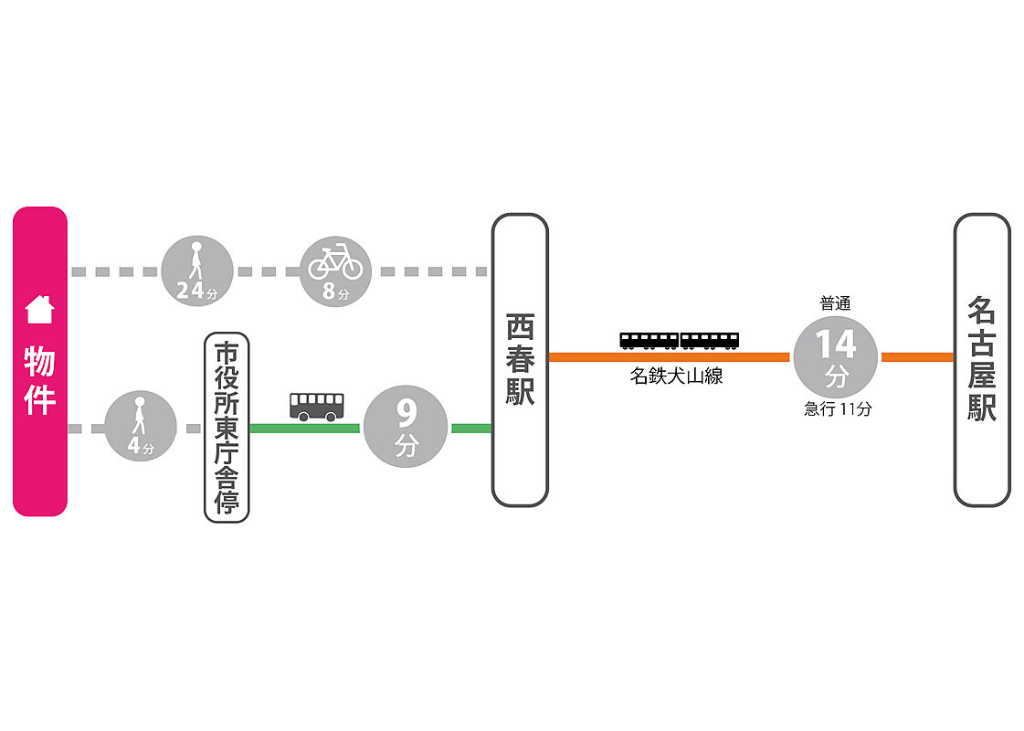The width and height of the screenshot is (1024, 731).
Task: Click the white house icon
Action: [x=39, y=310]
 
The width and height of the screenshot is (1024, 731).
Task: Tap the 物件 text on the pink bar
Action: [x=40, y=380]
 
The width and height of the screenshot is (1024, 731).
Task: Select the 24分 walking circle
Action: [x=197, y=271]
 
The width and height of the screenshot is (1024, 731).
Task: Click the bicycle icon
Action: [x=335, y=261]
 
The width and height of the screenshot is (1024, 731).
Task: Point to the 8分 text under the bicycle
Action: [x=335, y=291]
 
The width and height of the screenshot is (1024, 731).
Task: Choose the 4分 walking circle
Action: [x=141, y=426]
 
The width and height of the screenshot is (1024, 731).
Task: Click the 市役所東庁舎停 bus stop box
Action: [x=227, y=428]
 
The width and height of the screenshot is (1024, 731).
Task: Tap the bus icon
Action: [x=317, y=407]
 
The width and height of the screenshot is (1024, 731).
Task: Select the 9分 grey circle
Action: [x=406, y=427]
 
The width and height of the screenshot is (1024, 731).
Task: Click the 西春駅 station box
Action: [x=520, y=360]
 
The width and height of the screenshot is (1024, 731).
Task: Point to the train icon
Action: [x=680, y=341]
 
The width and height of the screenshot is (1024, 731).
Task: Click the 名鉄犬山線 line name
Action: [x=677, y=376]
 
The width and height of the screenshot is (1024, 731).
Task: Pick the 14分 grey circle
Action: [x=835, y=356]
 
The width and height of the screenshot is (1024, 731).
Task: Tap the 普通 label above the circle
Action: [x=835, y=303]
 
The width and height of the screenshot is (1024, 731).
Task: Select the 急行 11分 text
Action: [x=838, y=409]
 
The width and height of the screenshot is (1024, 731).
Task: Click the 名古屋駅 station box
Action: [x=982, y=360]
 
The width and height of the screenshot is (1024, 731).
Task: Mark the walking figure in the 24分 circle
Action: [x=195, y=260]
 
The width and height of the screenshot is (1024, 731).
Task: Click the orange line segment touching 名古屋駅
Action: [x=917, y=356]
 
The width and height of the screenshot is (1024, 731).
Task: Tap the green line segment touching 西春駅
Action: [x=471, y=429]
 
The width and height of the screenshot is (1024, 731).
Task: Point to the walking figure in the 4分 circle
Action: [x=139, y=416]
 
